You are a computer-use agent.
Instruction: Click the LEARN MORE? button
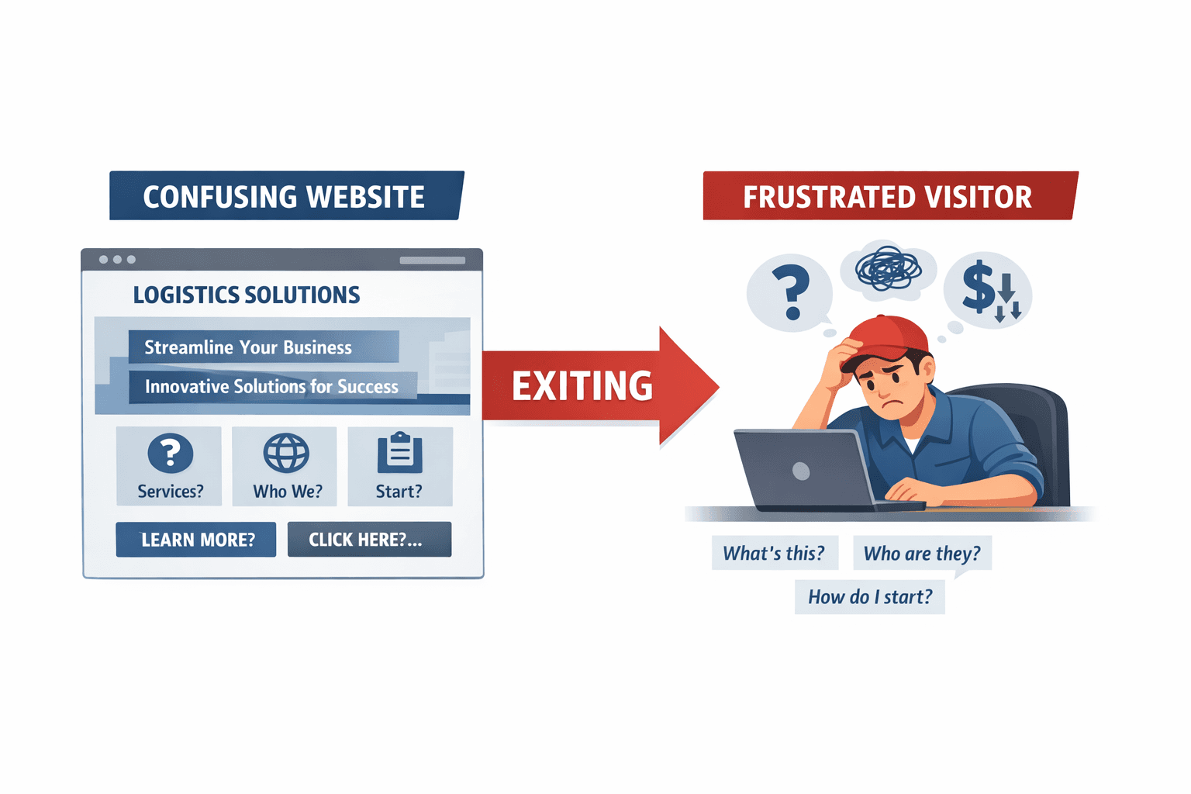[196, 540]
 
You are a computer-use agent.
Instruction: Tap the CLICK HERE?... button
[369, 540]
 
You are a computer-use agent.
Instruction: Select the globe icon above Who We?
[286, 453]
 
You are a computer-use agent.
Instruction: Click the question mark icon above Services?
[171, 453]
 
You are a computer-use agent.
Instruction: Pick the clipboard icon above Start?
[400, 453]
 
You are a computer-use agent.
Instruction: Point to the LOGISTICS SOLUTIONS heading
[247, 295]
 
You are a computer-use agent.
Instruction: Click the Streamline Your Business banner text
[248, 347]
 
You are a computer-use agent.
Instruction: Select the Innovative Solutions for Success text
[271, 386]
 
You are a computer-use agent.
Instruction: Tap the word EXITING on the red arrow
[582, 386]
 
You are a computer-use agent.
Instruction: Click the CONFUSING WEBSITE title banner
[284, 197]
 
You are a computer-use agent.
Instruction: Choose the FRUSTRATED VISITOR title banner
[887, 197]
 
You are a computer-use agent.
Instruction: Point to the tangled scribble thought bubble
[888, 269]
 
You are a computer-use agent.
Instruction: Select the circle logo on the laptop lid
[801, 471]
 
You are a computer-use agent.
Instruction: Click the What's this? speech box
[774, 554]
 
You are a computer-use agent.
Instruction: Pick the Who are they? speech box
[922, 554]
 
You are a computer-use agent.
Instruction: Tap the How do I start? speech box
[870, 597]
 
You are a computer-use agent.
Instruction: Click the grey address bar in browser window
[432, 261]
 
